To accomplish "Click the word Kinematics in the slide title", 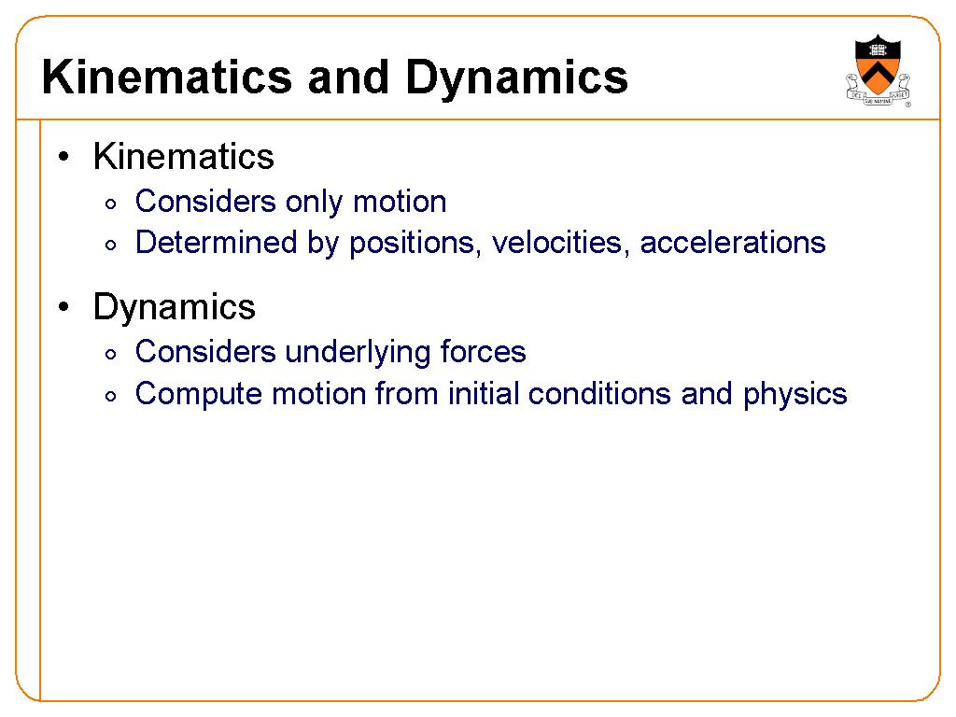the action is click(166, 77).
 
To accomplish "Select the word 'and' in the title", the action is click(348, 77).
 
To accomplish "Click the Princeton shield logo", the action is click(878, 70).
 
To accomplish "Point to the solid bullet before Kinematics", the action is click(63, 157).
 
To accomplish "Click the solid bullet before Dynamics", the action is click(63, 306).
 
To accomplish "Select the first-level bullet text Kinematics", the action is click(184, 157).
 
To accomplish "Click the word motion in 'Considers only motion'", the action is click(400, 202).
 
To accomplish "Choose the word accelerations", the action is click(733, 243).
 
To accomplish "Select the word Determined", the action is click(216, 242).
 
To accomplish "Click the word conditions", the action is click(599, 393).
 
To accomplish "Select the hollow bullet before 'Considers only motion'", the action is click(110, 204).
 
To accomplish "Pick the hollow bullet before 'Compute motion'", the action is click(110, 397).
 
